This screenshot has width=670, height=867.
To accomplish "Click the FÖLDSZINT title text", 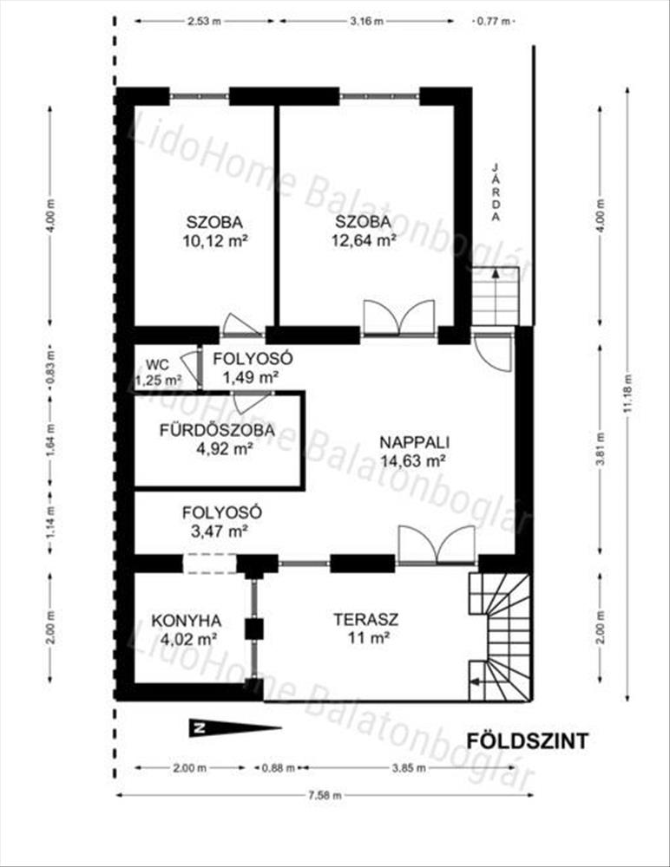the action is (527, 740).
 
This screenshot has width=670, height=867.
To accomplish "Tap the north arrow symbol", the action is (235, 727).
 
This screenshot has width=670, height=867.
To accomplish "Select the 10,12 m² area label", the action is (214, 241).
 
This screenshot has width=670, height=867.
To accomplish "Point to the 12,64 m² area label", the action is (364, 240).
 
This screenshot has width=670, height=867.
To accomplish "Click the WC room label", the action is (158, 365).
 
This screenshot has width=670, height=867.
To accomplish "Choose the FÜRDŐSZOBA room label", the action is (217, 430).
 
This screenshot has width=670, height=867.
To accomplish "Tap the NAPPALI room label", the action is (414, 442).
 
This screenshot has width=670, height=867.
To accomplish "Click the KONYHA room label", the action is (187, 621).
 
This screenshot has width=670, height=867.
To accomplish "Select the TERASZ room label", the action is (366, 619).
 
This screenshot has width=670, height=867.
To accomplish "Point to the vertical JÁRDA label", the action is (496, 192).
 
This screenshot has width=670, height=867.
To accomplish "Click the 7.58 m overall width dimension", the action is (325, 795).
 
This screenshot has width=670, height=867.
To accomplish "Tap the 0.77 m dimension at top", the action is (493, 22).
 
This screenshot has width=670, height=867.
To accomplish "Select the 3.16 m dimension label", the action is (366, 22).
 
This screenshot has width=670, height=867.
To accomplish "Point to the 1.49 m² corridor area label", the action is (250, 378).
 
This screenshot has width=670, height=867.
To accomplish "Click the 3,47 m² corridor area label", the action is (220, 531).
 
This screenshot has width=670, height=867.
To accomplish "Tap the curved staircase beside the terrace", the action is (500, 636).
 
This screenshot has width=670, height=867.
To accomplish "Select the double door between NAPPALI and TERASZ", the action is (437, 544).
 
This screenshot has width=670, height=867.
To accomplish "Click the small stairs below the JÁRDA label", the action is (496, 297).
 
